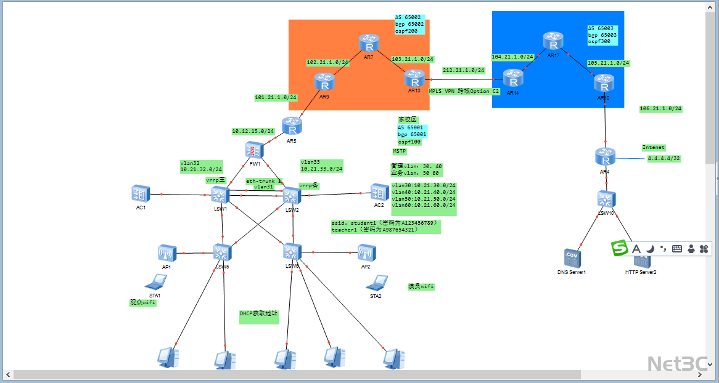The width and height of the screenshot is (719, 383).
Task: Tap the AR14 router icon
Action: [x=512, y=78]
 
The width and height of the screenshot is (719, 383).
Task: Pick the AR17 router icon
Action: [x=553, y=42]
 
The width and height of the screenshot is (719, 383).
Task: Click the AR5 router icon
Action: [x=292, y=126]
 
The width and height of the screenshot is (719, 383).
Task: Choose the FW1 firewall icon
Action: [x=254, y=150]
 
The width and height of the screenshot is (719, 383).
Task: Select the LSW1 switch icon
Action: [x=220, y=195]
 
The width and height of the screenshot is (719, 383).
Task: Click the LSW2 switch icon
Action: [x=292, y=196]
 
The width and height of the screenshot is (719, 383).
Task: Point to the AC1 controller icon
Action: [x=141, y=194]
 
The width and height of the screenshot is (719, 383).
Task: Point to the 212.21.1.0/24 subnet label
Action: [x=463, y=70]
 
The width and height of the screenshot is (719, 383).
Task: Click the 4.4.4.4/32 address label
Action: [x=663, y=159]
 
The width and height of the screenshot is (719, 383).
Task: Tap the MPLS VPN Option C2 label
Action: [x=464, y=91]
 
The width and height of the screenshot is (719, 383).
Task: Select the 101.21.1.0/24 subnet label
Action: [x=276, y=97]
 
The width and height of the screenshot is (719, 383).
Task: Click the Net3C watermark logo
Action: [x=676, y=363]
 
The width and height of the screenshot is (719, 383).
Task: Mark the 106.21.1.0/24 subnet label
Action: [x=660, y=108]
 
